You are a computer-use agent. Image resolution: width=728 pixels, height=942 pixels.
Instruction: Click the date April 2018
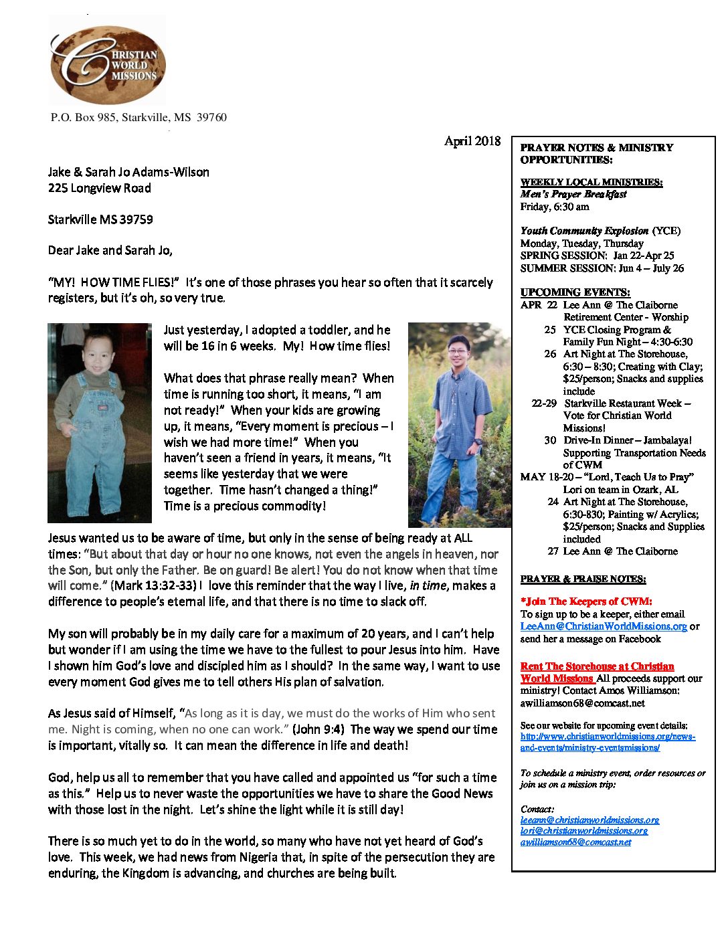tap(472, 140)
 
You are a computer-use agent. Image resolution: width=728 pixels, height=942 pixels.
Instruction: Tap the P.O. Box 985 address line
tap(139, 118)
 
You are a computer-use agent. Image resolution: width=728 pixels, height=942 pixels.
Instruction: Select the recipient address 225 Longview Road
tap(99, 188)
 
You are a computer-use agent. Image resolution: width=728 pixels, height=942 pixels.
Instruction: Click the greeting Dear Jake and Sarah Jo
tap(110, 250)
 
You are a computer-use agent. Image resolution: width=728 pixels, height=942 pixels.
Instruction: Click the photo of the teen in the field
tap(458, 425)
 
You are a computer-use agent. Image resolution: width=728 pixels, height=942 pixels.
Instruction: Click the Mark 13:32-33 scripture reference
tap(153, 585)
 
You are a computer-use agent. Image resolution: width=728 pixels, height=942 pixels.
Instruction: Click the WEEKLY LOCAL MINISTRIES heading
tap(591, 182)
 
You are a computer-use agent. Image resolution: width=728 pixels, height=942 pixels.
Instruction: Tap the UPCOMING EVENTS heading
tap(575, 292)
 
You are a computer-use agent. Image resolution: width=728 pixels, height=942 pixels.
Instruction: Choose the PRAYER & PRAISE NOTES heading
tap(583, 579)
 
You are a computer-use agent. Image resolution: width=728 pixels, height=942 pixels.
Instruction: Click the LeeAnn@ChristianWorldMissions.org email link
tap(604, 626)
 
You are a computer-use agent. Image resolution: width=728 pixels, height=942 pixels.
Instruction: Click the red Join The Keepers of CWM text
tap(586, 601)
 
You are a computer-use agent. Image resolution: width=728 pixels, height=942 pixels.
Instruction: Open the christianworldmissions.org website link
tap(608, 742)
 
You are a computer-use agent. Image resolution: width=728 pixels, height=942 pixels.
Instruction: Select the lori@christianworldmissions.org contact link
tap(583, 831)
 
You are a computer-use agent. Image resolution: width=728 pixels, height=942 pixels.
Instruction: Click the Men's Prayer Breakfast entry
tap(573, 194)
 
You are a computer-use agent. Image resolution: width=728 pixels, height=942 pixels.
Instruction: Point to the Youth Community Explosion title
tap(584, 231)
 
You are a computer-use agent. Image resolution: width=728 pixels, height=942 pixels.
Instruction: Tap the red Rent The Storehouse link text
tap(597, 666)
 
